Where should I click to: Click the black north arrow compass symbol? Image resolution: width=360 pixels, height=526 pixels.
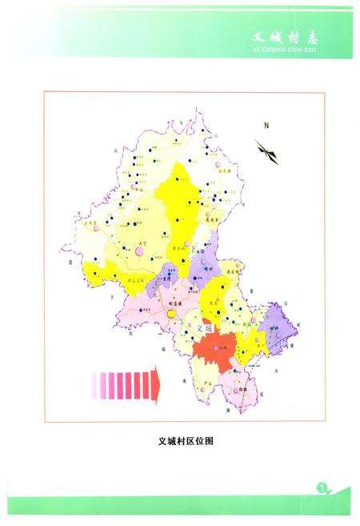click(x=268, y=151)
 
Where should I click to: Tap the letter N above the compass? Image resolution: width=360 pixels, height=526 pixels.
click(x=269, y=126)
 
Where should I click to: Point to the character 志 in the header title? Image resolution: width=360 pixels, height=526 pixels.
click(x=322, y=36)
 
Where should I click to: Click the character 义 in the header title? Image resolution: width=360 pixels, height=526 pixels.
click(x=258, y=36)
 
